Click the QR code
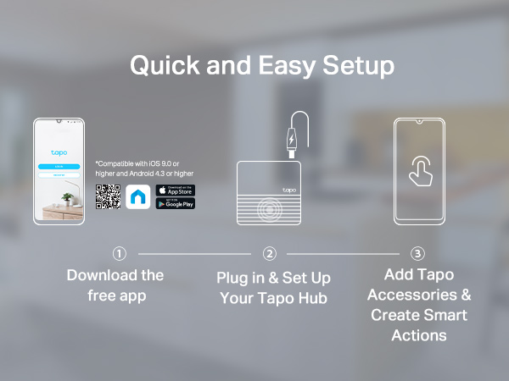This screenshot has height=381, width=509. (108, 196)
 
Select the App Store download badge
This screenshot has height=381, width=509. (176, 190)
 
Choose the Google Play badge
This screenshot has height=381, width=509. (176, 204)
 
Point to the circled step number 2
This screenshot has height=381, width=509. (270, 253)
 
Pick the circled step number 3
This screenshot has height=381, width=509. (417, 253)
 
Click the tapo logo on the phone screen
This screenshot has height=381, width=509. (59, 153)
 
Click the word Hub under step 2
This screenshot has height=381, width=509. (313, 297)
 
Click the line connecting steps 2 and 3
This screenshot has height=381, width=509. (344, 253)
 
